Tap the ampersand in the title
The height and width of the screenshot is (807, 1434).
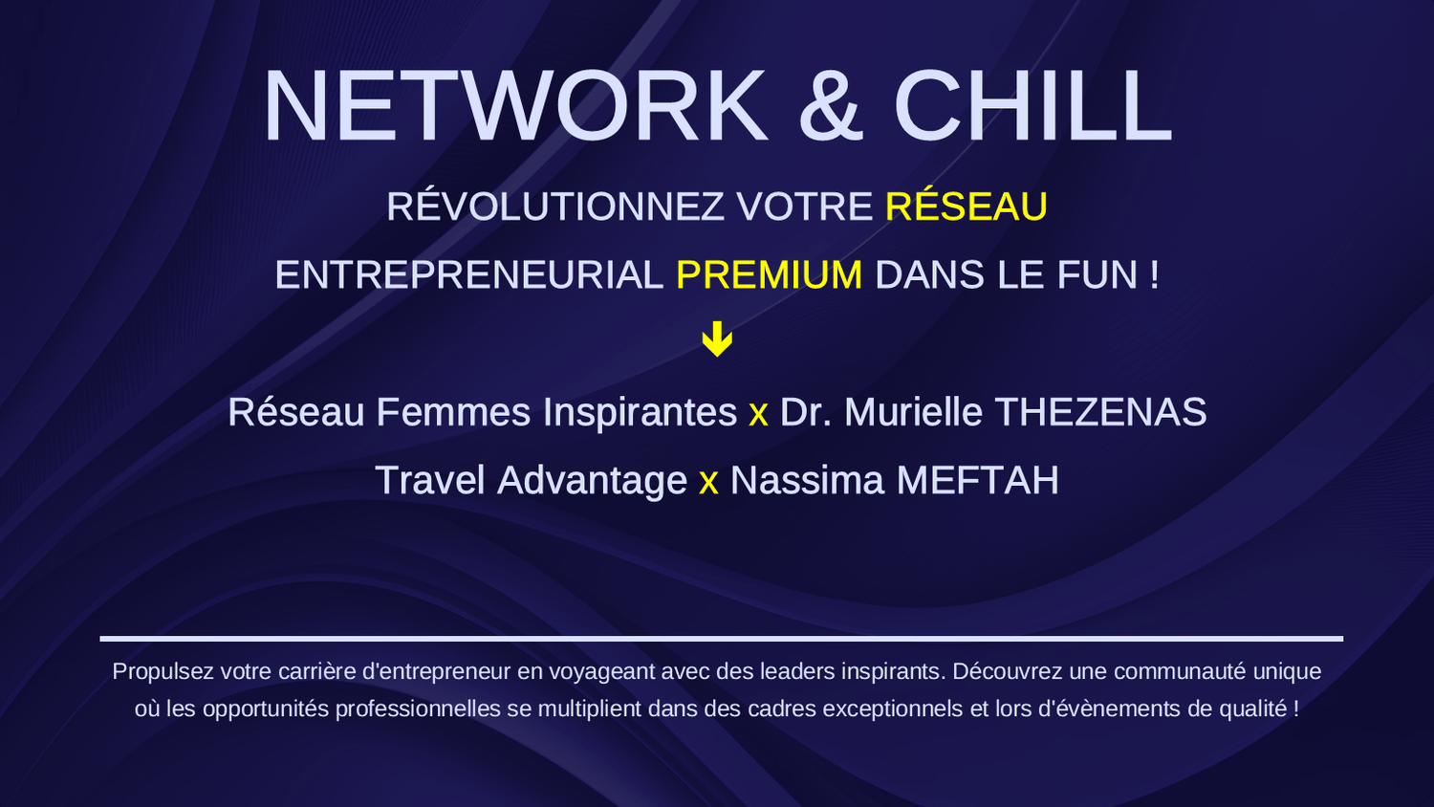tap(831, 106)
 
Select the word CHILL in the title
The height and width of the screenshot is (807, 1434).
tap(1032, 106)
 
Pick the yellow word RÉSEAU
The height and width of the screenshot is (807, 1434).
tap(966, 207)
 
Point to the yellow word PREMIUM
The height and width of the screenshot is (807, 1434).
tap(769, 274)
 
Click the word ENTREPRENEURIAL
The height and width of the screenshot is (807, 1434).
tap(469, 274)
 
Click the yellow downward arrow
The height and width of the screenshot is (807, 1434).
tap(717, 338)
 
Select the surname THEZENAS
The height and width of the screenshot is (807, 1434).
tap(1100, 411)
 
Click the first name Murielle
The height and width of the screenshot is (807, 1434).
tap(914, 411)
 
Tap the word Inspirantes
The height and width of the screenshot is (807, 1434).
tap(641, 412)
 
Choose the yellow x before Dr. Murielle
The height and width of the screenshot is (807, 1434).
tap(758, 415)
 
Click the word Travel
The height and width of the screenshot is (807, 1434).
tap(430, 480)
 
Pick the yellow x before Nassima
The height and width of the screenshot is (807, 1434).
tap(708, 484)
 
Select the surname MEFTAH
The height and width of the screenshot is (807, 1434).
tap(978, 480)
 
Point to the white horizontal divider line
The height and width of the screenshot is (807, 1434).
tap(722, 639)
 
